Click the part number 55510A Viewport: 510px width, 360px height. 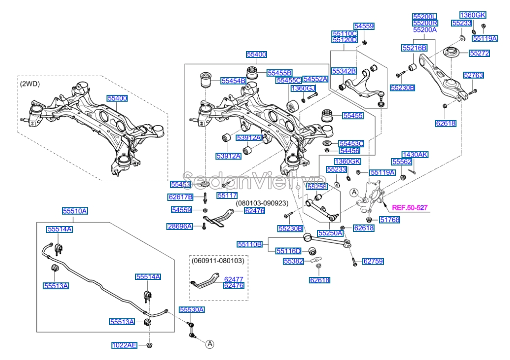point(75,211)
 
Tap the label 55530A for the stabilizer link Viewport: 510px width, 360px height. point(191,309)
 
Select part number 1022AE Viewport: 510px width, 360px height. point(124,345)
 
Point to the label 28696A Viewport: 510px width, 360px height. point(179,226)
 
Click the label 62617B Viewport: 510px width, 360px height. point(181,197)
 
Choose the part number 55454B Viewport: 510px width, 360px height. point(233,81)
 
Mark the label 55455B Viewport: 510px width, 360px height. point(279,73)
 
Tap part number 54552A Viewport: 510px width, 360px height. point(315,79)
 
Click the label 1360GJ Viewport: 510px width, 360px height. point(302,88)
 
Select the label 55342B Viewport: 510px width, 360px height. point(343,71)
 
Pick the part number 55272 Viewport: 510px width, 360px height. point(479,53)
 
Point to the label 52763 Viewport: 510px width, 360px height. point(473,75)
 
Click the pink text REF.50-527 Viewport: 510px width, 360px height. point(410,208)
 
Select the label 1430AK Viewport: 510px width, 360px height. point(415,154)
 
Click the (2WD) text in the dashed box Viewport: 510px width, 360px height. point(30,84)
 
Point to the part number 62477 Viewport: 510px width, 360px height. point(233,279)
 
